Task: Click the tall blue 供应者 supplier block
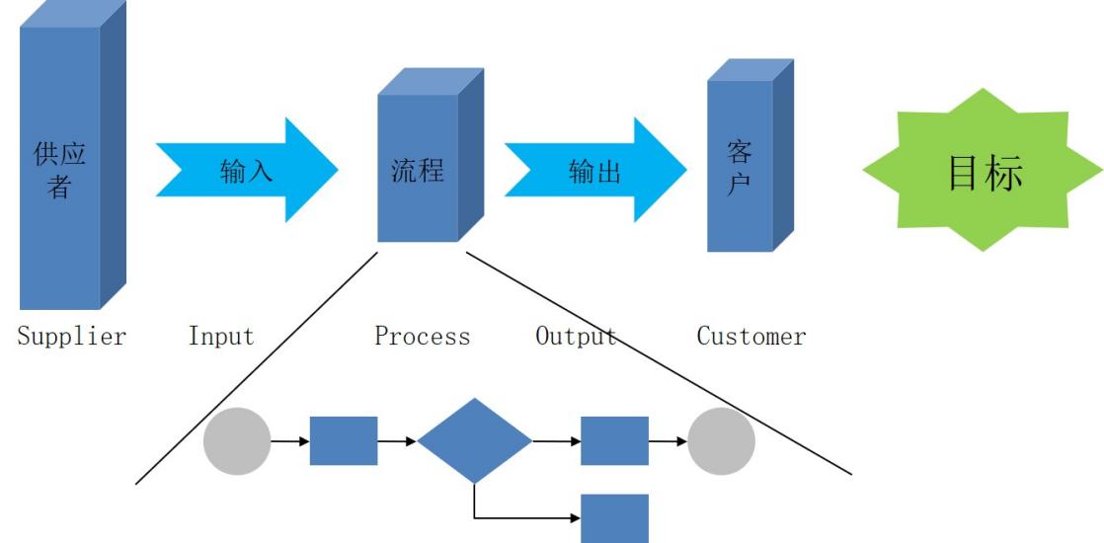point(60,168)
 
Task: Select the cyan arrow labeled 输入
point(247,171)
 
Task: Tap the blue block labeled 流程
point(418,169)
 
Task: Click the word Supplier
point(73,337)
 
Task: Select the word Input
point(221,337)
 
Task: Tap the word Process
point(423,337)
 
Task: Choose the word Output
point(577,337)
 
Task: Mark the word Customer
point(751,337)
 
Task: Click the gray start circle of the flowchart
point(237,441)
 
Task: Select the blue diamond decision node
point(475,440)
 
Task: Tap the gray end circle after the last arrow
point(721,441)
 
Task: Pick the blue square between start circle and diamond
point(344,441)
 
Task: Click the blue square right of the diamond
point(614,441)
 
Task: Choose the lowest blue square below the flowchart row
point(614,518)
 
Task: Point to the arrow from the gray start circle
point(290,441)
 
